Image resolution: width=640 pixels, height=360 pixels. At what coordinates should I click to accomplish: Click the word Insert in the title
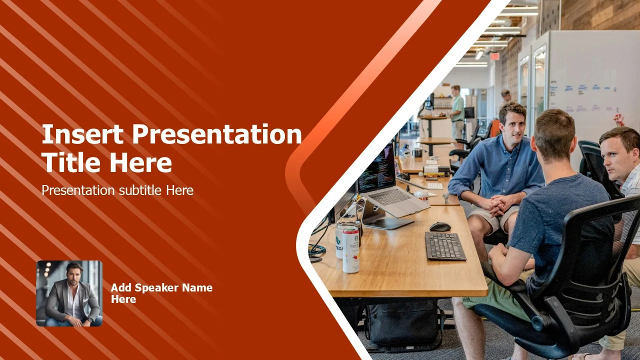pyautogui.click(x=82, y=134)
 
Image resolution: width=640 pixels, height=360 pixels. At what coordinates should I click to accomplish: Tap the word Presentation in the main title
pyautogui.click(x=217, y=135)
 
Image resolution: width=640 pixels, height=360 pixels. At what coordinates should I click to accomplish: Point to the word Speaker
pyautogui.click(x=156, y=288)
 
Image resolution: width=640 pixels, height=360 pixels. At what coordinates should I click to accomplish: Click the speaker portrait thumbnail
pyautogui.click(x=69, y=293)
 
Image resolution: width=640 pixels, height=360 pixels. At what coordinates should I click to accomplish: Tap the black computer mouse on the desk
pyautogui.click(x=440, y=227)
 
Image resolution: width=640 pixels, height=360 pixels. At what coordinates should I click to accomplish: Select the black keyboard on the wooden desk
pyautogui.click(x=445, y=246)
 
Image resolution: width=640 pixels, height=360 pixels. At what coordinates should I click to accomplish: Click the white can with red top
pyautogui.click(x=350, y=249)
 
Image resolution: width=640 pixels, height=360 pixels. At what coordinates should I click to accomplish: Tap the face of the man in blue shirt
pyautogui.click(x=515, y=127)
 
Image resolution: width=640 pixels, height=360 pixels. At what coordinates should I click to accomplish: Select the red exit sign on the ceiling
pyautogui.click(x=494, y=56)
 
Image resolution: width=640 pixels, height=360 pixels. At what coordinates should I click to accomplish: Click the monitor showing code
pyautogui.click(x=376, y=168)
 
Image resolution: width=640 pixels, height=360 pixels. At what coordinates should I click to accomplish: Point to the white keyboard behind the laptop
pyautogui.click(x=435, y=186)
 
